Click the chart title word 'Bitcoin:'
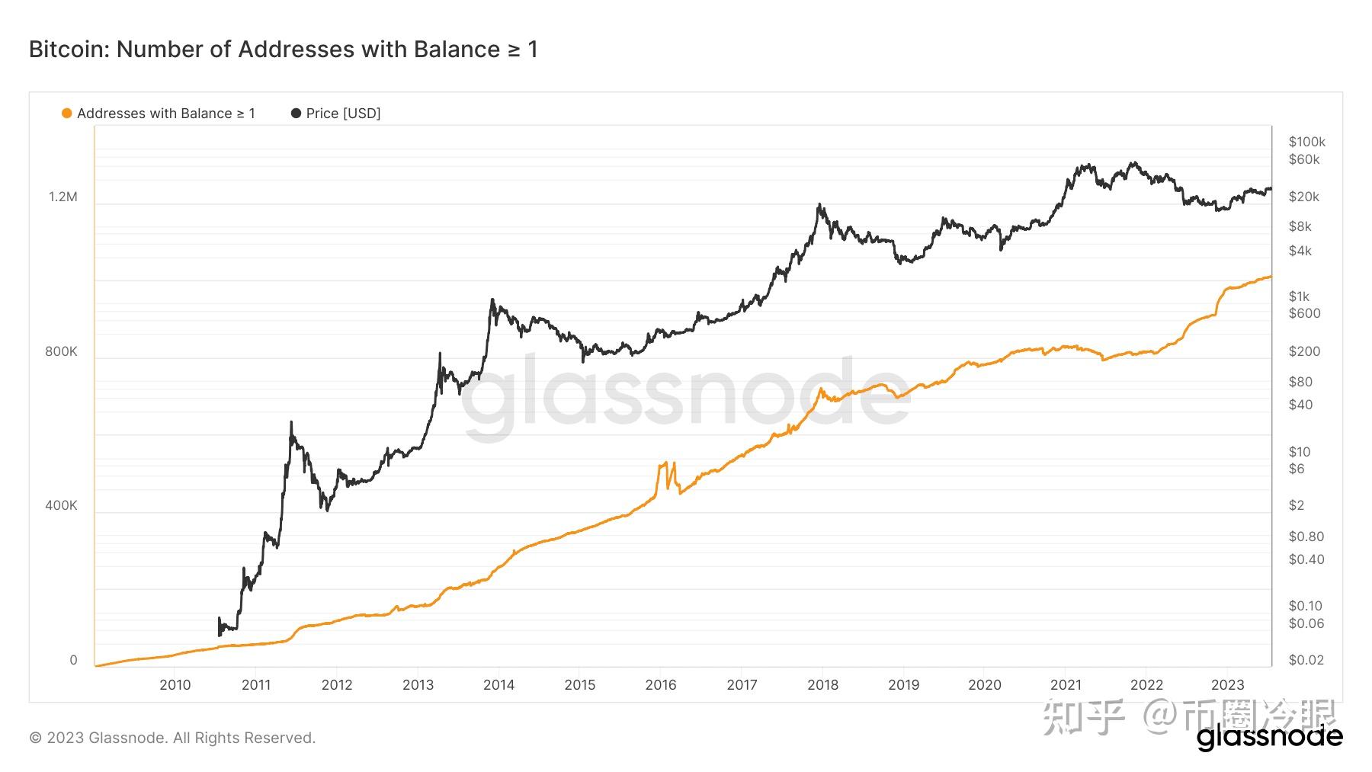click(69, 50)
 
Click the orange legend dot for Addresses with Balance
click(67, 114)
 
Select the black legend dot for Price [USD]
click(296, 114)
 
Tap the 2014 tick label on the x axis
click(498, 684)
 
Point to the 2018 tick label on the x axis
click(822, 684)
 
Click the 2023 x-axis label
click(1227, 684)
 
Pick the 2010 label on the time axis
click(175, 684)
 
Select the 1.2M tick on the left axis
click(63, 197)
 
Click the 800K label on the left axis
click(61, 351)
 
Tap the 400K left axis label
click(61, 505)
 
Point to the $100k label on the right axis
click(1306, 142)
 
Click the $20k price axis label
click(1303, 197)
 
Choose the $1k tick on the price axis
click(1299, 296)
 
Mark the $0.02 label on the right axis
click(1306, 660)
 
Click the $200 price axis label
click(1304, 351)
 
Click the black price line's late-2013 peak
click(492, 300)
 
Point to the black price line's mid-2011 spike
click(291, 424)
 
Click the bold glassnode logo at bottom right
click(1269, 737)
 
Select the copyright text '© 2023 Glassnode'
click(97, 738)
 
